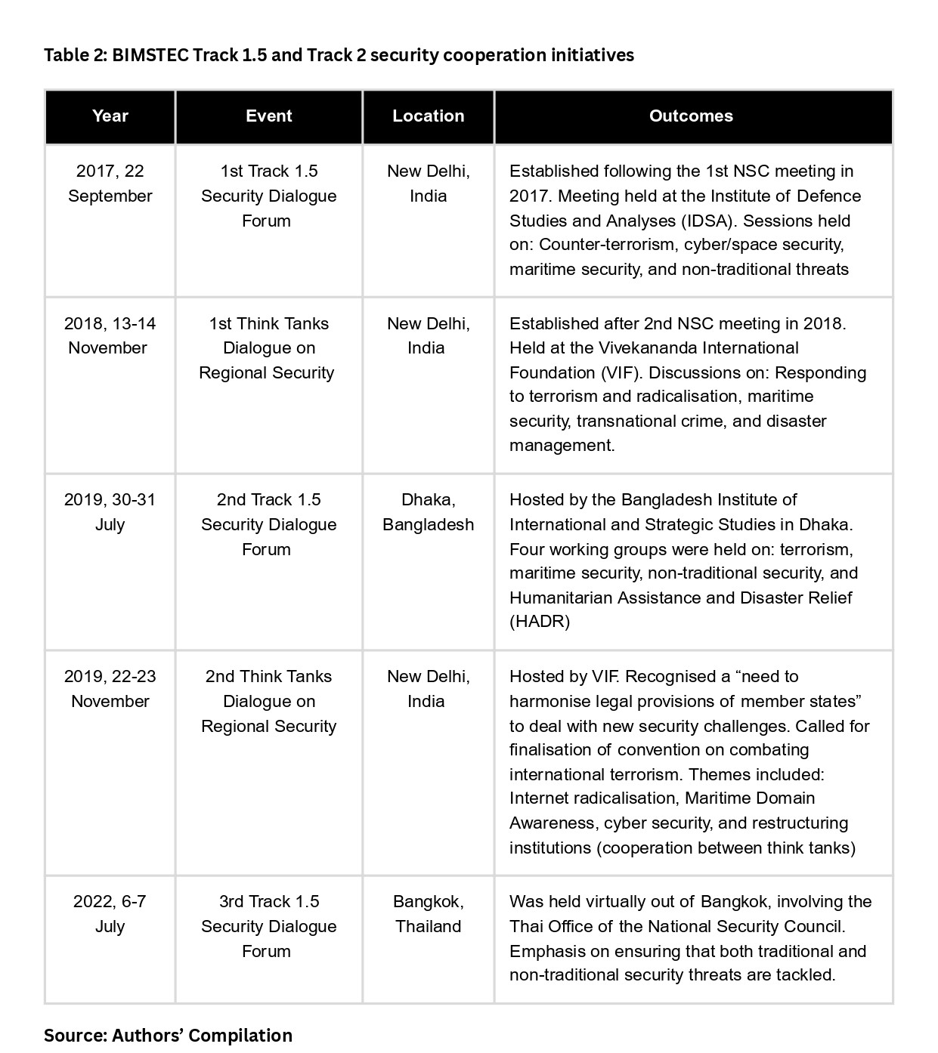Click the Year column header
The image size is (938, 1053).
(110, 116)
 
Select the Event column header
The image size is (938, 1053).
(268, 116)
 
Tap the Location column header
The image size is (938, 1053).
(428, 116)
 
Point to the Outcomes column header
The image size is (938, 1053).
(691, 116)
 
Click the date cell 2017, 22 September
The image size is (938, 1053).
(110, 184)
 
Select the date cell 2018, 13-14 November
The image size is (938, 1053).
(110, 335)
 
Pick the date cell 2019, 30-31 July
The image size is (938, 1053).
(110, 512)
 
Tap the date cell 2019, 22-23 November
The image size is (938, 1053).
(110, 688)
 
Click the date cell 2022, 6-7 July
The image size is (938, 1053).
(110, 914)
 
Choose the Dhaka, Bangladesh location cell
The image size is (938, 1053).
(428, 512)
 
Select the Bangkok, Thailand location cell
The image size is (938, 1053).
(428, 914)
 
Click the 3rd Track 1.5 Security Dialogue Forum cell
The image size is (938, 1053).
(268, 926)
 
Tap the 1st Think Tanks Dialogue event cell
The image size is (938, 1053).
(268, 348)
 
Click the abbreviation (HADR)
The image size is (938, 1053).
(540, 622)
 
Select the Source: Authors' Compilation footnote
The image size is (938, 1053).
(168, 1035)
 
